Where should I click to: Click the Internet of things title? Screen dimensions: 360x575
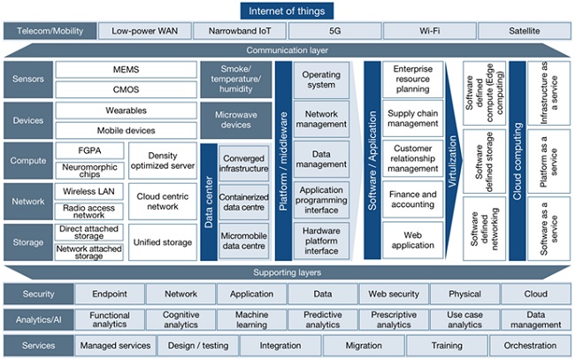tap(287, 11)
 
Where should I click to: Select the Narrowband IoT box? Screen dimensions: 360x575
tap(239, 31)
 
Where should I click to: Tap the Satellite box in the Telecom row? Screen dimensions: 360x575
tap(524, 31)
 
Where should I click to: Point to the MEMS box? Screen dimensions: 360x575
tap(126, 69)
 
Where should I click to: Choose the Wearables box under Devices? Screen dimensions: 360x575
tap(126, 112)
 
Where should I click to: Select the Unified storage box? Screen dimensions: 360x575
tap(163, 241)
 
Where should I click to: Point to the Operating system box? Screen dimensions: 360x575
tap(320, 80)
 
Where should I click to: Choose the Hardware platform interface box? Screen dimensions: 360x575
tap(320, 240)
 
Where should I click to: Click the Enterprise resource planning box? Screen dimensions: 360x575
tap(412, 79)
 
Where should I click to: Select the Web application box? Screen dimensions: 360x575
tap(412, 240)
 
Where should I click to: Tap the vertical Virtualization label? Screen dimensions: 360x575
tap(452, 159)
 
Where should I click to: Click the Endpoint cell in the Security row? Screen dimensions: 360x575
tap(104, 294)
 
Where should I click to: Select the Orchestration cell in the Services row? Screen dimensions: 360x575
tap(529, 345)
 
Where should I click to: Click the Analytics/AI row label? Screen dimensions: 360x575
tap(36, 319)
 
